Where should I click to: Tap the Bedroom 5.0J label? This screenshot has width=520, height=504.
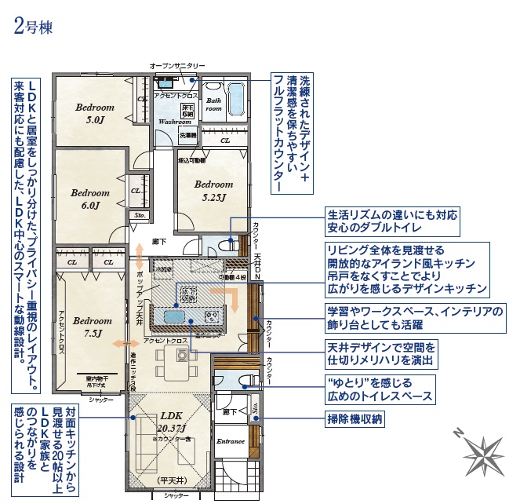(x=95, y=114)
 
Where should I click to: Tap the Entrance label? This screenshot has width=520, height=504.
(x=231, y=441)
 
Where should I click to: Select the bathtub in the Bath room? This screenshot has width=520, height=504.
(x=235, y=100)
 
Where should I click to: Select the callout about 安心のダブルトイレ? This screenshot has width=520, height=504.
(x=392, y=222)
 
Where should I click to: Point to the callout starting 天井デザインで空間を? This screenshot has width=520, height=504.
(x=380, y=354)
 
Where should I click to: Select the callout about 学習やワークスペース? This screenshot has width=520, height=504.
(x=416, y=318)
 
